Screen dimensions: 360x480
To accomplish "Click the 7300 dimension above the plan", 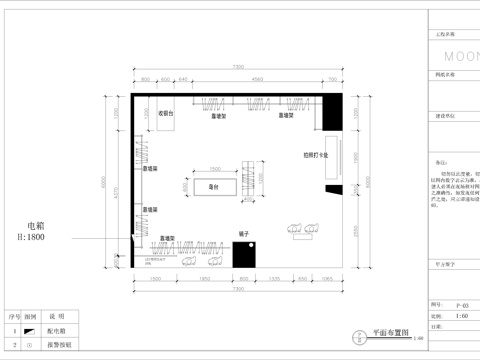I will pyautogui.click(x=237, y=67).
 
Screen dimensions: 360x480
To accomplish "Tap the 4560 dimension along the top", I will pyautogui.click(x=257, y=78).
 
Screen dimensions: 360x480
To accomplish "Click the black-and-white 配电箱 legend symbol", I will pyautogui.click(x=29, y=330).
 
